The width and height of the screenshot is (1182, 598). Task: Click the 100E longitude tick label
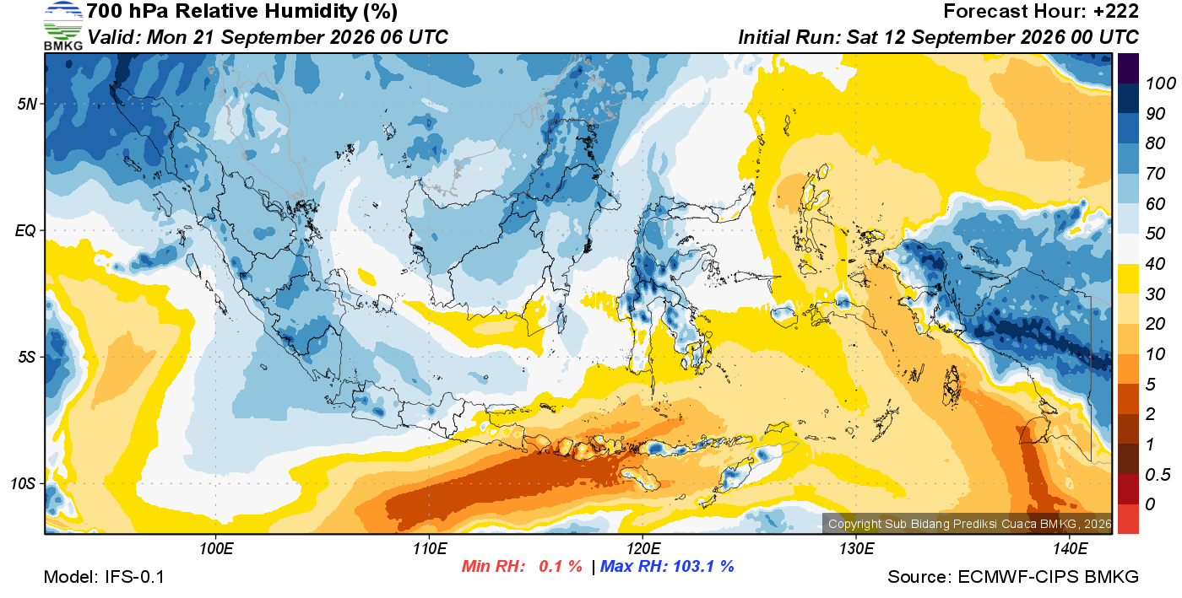tap(216, 549)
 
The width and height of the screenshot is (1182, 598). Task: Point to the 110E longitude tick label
tap(430, 549)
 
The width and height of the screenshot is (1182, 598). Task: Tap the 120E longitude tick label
tap(643, 549)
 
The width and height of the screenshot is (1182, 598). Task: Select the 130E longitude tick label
tap(856, 549)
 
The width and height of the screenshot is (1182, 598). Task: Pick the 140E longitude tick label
tap(1071, 549)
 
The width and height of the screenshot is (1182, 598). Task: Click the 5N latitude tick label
tap(27, 104)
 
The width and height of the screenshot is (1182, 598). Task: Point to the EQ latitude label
tap(25, 231)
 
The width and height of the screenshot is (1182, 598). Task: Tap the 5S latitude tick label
tap(27, 358)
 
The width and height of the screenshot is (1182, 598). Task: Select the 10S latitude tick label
tap(23, 484)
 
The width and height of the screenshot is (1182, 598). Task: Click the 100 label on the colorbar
tap(1160, 84)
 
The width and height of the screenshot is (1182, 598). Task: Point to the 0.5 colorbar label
tap(1158, 475)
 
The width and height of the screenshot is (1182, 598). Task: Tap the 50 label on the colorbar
tap(1155, 234)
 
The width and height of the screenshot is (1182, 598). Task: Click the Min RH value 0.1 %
tap(561, 566)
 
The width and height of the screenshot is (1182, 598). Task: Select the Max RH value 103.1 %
tap(703, 566)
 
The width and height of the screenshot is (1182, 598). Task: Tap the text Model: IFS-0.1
tap(104, 577)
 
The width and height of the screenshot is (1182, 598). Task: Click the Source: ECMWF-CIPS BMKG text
tap(1013, 577)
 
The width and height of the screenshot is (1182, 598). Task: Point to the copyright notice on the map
tap(970, 524)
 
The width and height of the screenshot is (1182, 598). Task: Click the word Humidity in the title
tap(312, 11)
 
